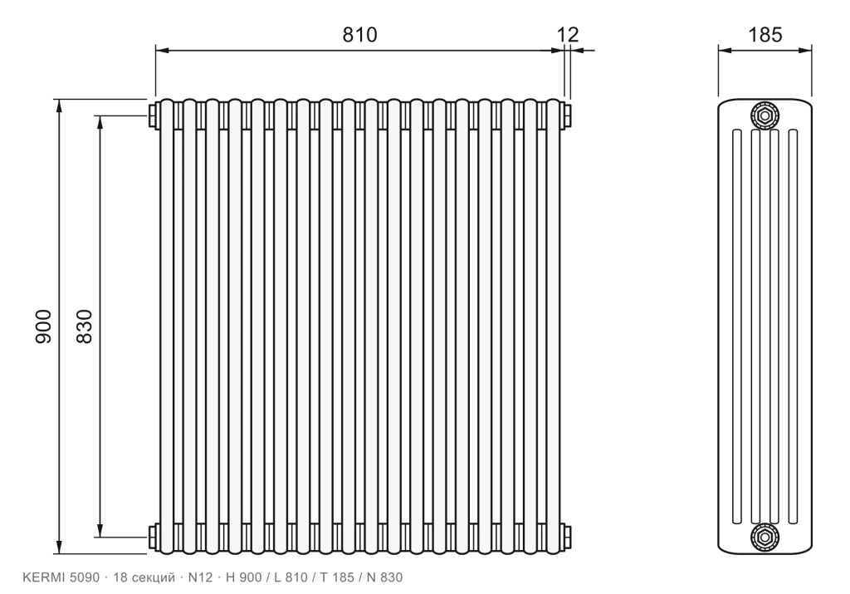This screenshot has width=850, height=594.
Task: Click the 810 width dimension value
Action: pyautogui.click(x=359, y=35)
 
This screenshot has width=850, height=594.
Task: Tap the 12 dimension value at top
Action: pyautogui.click(x=568, y=35)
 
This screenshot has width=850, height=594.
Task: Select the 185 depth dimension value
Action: pyautogui.click(x=765, y=35)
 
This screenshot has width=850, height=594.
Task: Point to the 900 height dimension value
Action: pyautogui.click(x=43, y=326)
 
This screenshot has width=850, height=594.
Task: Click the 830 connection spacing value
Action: pyautogui.click(x=85, y=326)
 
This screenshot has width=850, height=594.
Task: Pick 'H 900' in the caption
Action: pyautogui.click(x=244, y=577)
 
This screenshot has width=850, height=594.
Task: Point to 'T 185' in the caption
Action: pyautogui.click(x=337, y=577)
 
